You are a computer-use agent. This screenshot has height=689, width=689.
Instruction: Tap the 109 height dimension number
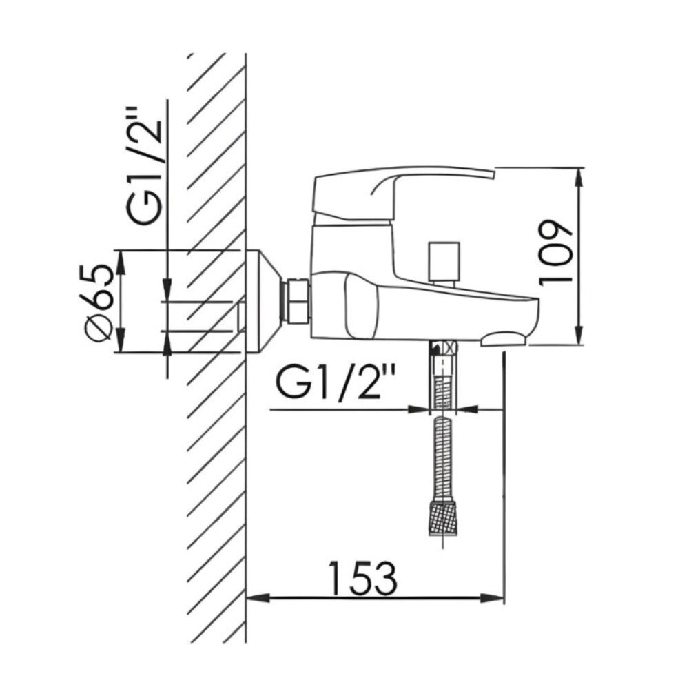pyautogui.click(x=557, y=252)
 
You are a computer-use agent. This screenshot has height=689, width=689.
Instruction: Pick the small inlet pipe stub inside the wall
pyautogui.click(x=241, y=316)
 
